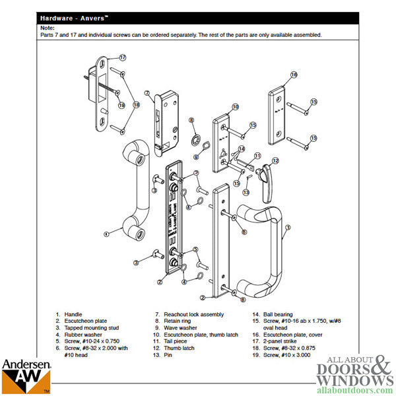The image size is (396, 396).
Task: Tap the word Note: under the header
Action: tap(46, 28)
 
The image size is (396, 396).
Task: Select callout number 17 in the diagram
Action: tap(122, 58)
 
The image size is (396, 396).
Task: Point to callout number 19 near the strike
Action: tap(121, 104)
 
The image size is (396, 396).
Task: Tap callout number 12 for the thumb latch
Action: tap(275, 160)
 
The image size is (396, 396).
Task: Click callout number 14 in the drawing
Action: tap(242, 148)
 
